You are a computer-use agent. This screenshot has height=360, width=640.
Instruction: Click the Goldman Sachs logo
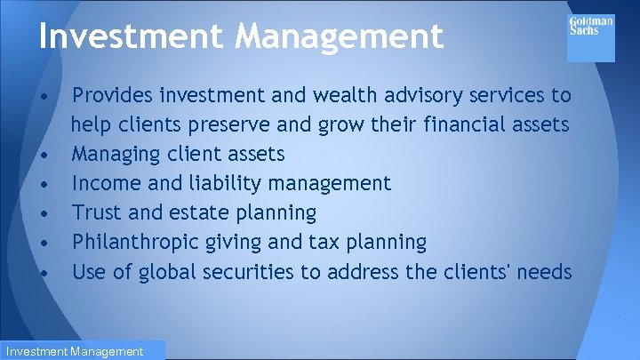pos(590,35)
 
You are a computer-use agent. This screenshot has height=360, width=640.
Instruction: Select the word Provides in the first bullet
pos(110,95)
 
